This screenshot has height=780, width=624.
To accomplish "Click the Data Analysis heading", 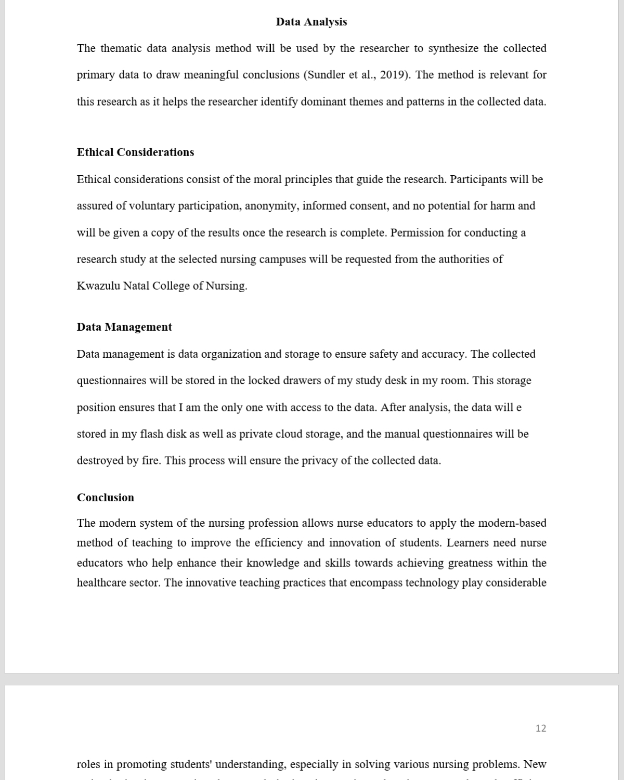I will click(x=311, y=22).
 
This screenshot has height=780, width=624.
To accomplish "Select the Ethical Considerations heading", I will click(x=135, y=152).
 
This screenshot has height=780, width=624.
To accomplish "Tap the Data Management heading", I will click(x=124, y=327).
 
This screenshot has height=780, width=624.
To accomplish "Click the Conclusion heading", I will click(x=106, y=498).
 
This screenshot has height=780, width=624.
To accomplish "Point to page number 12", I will click(x=541, y=729).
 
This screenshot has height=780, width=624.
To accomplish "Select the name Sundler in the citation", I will click(x=326, y=75).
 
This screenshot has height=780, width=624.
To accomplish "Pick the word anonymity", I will click(x=271, y=206).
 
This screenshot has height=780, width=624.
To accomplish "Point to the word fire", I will click(x=151, y=461).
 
